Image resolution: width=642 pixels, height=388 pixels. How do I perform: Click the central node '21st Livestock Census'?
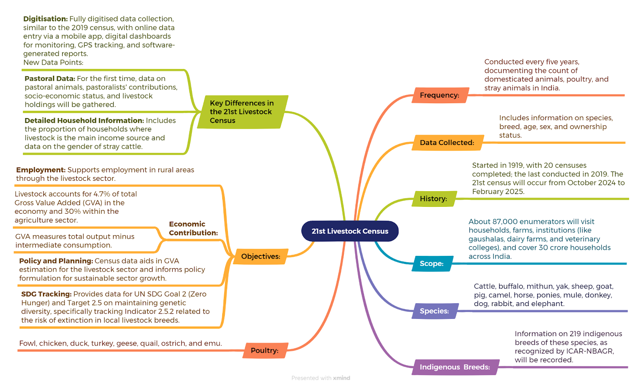349,231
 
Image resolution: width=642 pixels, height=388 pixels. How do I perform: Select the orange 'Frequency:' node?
440,95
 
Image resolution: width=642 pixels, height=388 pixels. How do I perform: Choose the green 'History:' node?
434,198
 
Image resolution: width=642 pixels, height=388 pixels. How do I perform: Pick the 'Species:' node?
435,311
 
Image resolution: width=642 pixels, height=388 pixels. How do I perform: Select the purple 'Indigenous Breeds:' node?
455,367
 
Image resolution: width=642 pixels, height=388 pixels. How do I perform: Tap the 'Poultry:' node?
265,350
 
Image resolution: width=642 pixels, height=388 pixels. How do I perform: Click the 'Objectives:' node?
261,256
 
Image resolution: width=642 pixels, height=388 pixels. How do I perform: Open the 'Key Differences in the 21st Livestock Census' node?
242,112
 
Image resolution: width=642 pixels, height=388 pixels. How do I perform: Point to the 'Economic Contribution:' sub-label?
193,229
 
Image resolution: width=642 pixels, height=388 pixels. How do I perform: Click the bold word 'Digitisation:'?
46,19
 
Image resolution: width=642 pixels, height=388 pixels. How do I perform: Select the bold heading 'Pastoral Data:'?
50,79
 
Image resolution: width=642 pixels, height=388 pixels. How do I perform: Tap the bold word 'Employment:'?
41,170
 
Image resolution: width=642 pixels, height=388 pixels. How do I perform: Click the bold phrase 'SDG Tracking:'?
47,294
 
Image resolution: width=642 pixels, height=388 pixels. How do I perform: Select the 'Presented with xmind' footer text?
321,378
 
